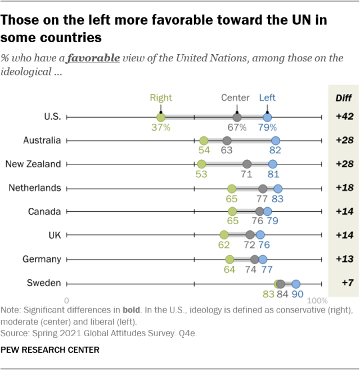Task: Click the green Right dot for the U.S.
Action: (x=160, y=117)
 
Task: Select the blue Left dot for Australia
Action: (x=275, y=141)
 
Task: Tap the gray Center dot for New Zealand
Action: (x=246, y=164)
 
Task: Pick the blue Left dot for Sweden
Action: (x=296, y=283)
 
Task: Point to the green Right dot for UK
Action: (x=224, y=235)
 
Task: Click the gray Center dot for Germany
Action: (x=255, y=259)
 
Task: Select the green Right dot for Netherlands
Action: (x=231, y=188)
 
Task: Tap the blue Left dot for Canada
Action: (x=267, y=212)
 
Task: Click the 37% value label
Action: (x=160, y=127)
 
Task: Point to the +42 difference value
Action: (x=344, y=117)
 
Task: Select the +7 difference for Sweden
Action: (x=344, y=283)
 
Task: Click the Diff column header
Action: (x=344, y=97)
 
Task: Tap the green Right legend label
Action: (x=161, y=97)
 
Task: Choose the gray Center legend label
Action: (x=235, y=97)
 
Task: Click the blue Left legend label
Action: (x=267, y=97)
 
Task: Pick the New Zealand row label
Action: (x=33, y=164)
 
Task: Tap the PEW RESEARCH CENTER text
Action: (x=50, y=350)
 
